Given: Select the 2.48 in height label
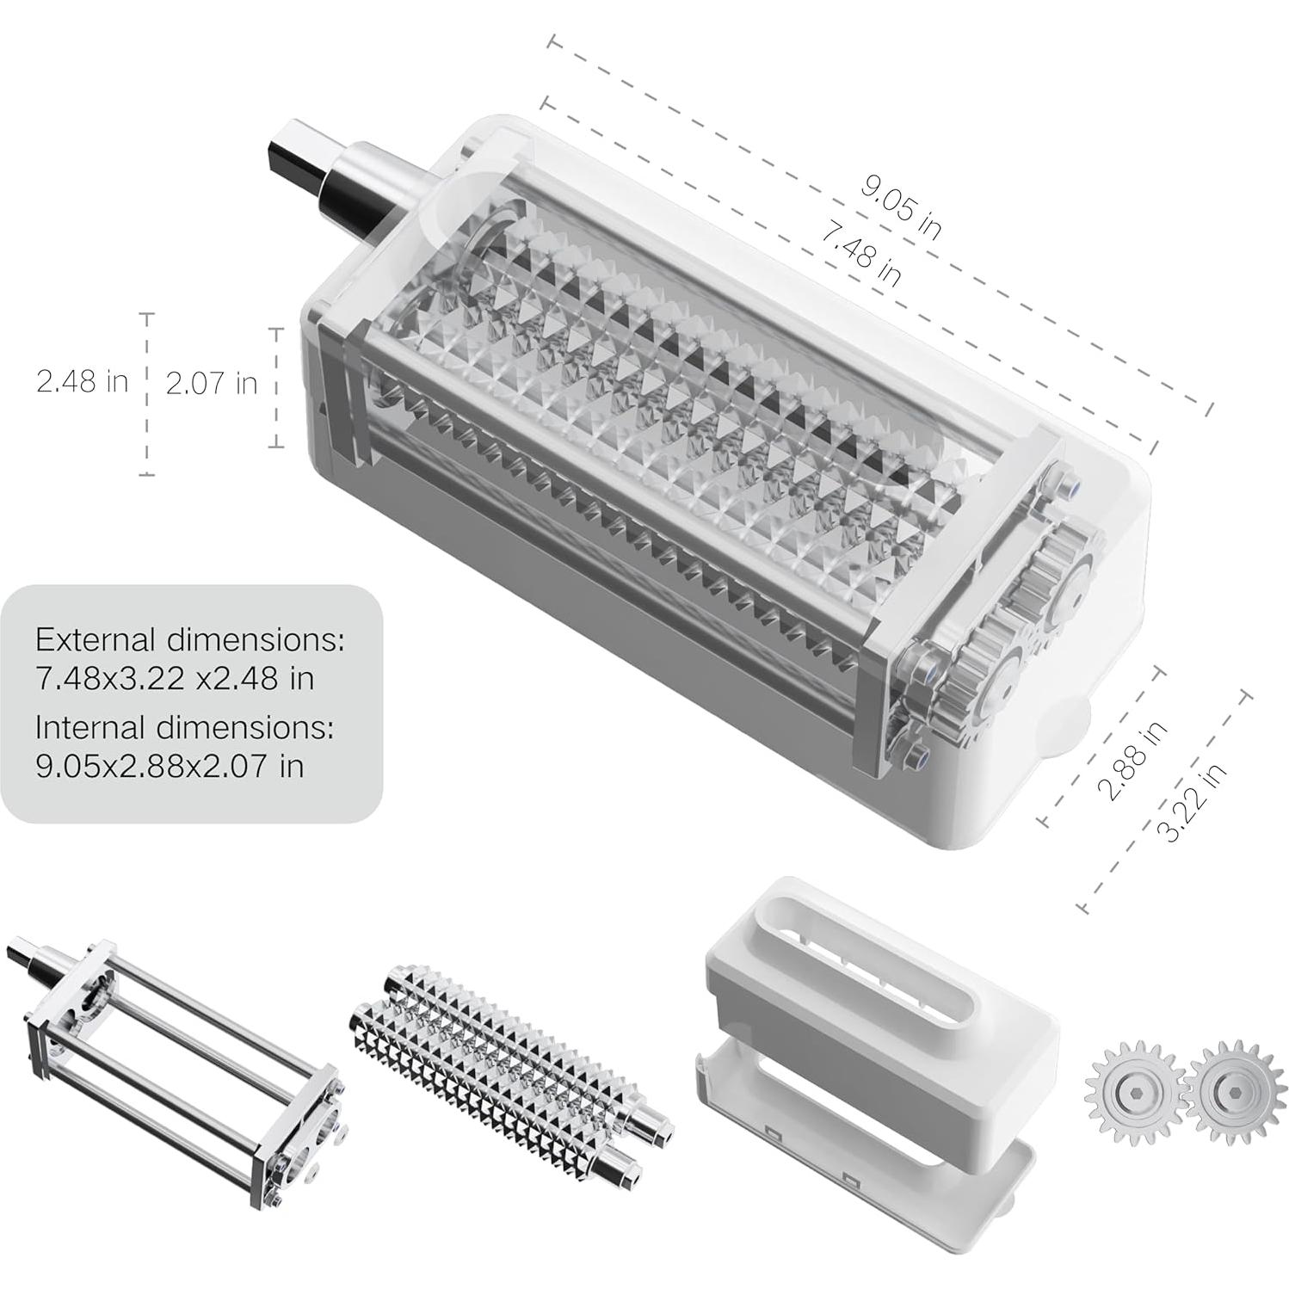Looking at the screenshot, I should [x=82, y=381].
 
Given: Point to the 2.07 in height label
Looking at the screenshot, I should [x=211, y=384].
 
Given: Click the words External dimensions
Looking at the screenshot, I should [x=189, y=640].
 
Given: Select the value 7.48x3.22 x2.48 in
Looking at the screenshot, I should [x=174, y=679].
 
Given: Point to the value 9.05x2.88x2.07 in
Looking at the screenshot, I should [x=170, y=766].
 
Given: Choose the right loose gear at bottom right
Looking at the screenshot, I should [x=1230, y=1092].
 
